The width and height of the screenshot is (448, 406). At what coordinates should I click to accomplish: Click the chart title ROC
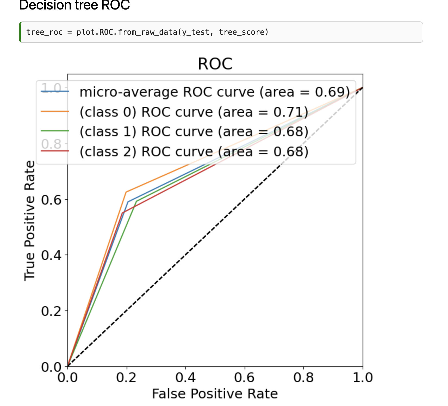pos(215,64)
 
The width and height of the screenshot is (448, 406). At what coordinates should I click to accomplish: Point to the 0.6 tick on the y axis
pos(51,200)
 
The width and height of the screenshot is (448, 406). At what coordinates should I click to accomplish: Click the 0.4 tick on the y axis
pos(51,255)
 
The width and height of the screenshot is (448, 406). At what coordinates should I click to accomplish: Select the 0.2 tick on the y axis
pos(51,311)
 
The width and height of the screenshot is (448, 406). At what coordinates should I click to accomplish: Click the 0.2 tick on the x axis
pos(126,378)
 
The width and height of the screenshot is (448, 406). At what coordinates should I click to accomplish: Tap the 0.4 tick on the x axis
pos(185,378)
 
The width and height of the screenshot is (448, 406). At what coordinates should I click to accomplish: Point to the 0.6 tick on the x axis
pos(244,378)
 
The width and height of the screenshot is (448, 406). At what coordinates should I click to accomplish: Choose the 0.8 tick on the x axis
pos(303,378)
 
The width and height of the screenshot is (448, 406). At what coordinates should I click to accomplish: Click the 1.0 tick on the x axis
pos(363,378)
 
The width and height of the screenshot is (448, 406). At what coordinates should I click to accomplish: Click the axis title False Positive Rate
pos(215,394)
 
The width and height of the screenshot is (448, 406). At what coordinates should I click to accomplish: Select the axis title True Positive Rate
pos(30,221)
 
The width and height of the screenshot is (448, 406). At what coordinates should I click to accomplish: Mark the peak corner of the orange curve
pos(126,192)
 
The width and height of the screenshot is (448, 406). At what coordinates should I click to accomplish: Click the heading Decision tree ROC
pos(74,5)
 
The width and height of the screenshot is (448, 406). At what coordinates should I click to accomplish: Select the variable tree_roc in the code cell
pos(44,32)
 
